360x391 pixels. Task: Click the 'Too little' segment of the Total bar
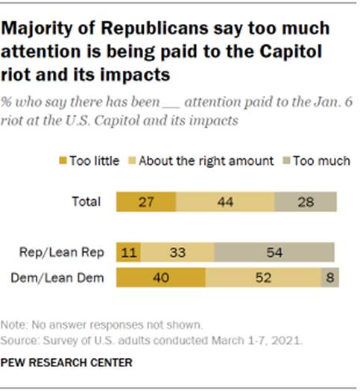(146, 202)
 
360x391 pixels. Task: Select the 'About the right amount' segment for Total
(225, 202)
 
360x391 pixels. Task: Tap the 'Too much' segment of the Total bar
(306, 202)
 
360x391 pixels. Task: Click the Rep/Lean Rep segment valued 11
(126, 252)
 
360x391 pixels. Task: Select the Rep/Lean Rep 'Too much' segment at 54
(274, 252)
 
